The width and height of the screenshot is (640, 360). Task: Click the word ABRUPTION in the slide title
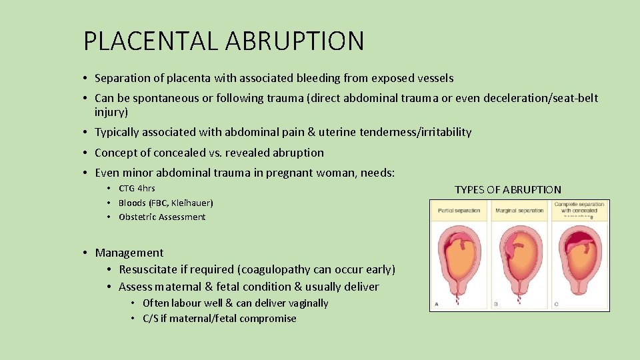point(294,41)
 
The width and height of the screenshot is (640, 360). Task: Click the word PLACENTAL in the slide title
point(151,41)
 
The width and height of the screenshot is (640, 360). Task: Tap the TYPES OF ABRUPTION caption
point(508,189)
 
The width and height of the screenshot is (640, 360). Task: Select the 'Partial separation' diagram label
point(459,211)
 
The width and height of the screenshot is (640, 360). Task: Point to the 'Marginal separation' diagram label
point(519,211)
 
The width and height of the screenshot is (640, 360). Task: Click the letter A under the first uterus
point(437,303)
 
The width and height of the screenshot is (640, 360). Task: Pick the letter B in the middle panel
point(497,303)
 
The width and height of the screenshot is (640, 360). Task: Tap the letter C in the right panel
point(557,303)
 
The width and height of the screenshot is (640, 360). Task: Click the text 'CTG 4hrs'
point(137,188)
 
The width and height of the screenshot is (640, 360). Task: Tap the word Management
point(129,253)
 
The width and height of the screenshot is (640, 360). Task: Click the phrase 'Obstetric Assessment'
point(162,217)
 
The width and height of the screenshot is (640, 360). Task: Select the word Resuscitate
point(152,269)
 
